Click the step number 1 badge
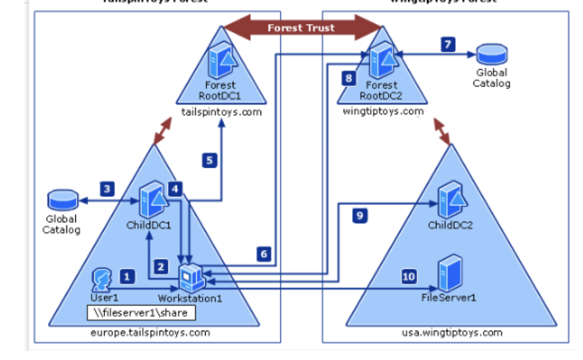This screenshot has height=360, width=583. (x=127, y=277)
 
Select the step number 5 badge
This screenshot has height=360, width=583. (x=209, y=161)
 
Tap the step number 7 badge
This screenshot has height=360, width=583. (x=448, y=45)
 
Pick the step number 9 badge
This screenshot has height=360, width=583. (x=360, y=216)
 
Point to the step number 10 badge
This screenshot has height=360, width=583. (x=409, y=277)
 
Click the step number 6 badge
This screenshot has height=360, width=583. (x=264, y=253)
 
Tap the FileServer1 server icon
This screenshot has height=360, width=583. (x=450, y=274)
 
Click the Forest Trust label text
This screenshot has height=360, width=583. (x=301, y=28)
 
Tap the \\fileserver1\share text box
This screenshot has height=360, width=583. (x=141, y=312)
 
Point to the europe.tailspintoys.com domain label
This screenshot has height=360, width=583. (x=150, y=332)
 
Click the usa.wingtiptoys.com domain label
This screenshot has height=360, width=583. (x=452, y=332)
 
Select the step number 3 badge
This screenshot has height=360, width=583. (x=107, y=188)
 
